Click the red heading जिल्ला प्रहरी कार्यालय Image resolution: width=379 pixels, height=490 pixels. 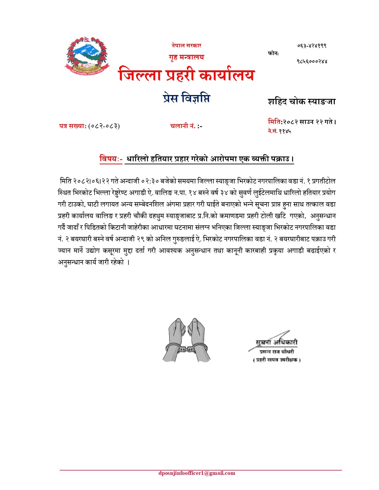[186, 74]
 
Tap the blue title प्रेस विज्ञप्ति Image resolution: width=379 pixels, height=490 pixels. [186, 98]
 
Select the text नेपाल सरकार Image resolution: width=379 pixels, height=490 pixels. [186, 45]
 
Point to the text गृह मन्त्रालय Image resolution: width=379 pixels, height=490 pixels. [186, 57]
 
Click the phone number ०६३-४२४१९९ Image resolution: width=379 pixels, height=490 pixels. [312, 46]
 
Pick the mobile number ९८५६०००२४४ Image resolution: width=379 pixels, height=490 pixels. [312, 61]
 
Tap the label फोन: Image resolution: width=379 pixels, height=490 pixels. [273, 53]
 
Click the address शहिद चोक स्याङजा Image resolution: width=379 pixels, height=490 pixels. [301, 102]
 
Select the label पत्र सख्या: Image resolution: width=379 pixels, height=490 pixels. [73, 126]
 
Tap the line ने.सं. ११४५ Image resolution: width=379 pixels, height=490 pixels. [279, 131]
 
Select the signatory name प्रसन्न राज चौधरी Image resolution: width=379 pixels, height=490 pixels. [276, 352]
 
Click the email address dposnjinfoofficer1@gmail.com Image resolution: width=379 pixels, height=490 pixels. [197, 473]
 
